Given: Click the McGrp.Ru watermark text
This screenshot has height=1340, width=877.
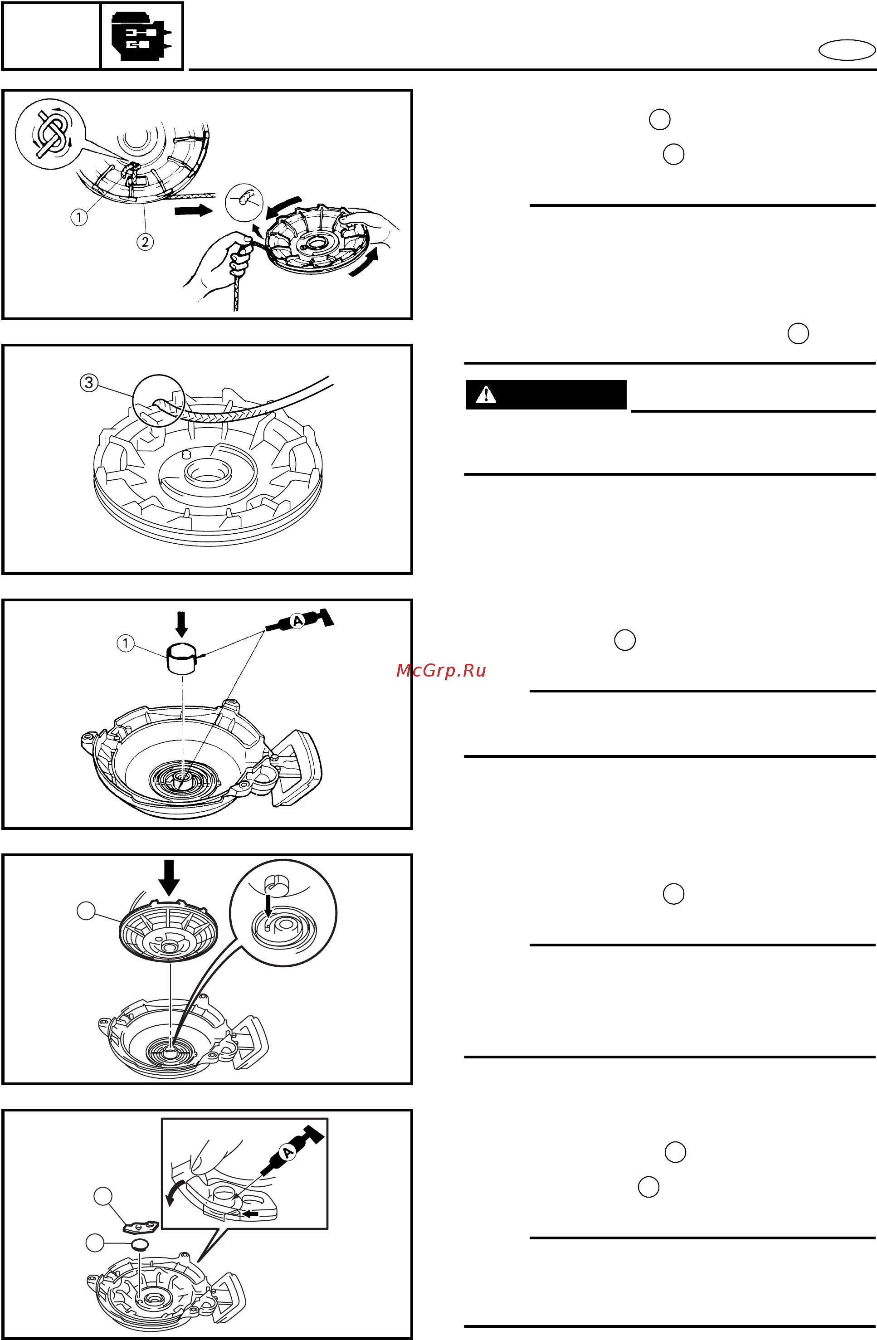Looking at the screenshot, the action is click(441, 671).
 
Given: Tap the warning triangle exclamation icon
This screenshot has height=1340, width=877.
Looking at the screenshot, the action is click(486, 395).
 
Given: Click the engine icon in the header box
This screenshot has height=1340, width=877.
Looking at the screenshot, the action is click(141, 36).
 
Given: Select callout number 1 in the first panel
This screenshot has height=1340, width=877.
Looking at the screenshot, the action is click(79, 217).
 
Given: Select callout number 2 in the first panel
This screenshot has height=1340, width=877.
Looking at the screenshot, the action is click(145, 242).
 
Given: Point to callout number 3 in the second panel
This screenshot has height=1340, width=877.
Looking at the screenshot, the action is click(89, 383).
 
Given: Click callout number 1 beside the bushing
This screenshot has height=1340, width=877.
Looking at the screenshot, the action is click(126, 643).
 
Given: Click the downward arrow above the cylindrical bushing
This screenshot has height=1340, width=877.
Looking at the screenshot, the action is click(181, 624).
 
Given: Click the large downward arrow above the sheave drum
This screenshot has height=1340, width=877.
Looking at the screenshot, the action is click(169, 877).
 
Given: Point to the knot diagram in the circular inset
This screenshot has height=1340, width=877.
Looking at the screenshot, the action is click(51, 133).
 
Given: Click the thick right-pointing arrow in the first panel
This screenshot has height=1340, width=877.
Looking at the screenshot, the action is click(194, 210).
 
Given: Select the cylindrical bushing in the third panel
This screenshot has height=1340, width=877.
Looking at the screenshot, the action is click(182, 658).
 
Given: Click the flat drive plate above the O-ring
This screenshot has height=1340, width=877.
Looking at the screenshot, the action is click(141, 1226).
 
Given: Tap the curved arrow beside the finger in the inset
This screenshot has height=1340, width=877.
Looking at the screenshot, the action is click(175, 1192).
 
